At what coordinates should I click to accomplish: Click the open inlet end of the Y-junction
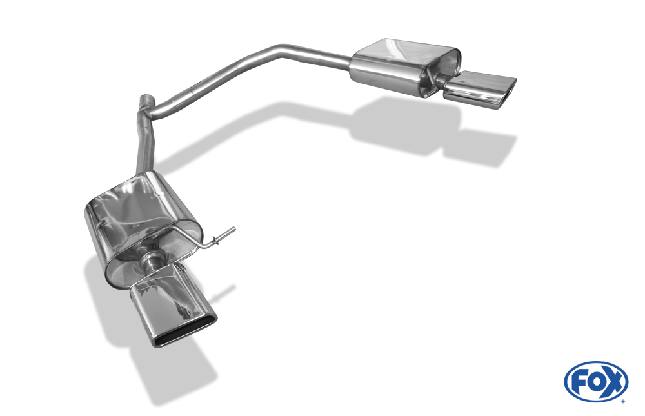point(146,97)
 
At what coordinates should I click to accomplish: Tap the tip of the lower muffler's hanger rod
point(234,229)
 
